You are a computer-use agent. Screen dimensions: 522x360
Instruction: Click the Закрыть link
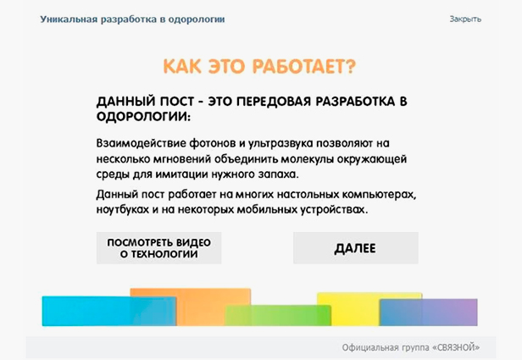tap(465, 19)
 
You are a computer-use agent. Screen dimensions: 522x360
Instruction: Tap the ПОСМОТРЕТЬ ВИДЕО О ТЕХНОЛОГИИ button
tap(158, 248)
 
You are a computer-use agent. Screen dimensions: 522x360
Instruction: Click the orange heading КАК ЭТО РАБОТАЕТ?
tap(259, 66)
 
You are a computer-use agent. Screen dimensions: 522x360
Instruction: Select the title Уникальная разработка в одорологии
tap(132, 19)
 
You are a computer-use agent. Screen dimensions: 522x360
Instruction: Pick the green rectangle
tap(278, 315)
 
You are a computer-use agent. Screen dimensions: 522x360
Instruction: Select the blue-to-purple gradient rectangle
tap(429, 313)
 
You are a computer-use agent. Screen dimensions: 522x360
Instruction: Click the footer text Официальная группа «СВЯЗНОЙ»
tap(411, 347)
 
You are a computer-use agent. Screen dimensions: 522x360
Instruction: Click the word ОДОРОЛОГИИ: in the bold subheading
tap(143, 117)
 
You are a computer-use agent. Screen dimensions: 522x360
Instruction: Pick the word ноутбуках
tap(123, 209)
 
